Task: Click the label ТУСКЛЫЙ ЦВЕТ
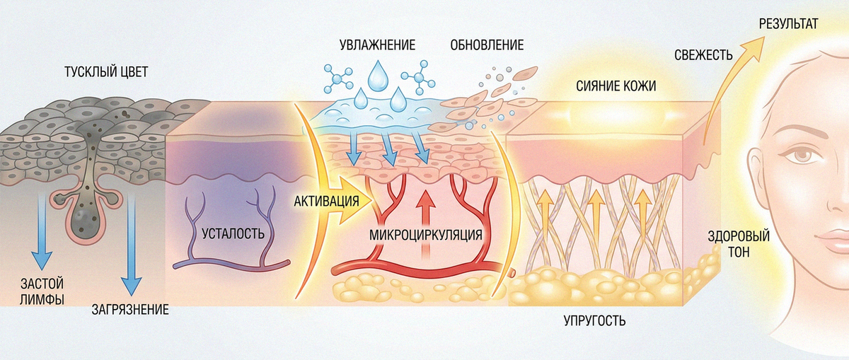[x=106, y=71]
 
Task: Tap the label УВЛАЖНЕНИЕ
[x=378, y=45]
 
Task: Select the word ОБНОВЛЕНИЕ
[x=487, y=45]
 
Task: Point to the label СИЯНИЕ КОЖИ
[x=616, y=86]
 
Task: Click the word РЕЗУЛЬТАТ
[x=789, y=23]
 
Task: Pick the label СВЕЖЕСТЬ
[x=703, y=55]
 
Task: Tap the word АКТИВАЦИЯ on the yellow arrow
[x=326, y=200]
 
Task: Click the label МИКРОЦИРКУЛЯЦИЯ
[x=426, y=235]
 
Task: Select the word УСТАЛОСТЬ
[x=233, y=233]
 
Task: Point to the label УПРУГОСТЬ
[x=595, y=321]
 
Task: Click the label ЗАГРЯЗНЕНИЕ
[x=130, y=310]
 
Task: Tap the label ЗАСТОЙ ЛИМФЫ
[x=42, y=291]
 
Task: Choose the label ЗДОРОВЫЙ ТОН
[x=739, y=243]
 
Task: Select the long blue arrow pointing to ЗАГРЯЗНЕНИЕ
[x=131, y=243]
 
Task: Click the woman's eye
[x=803, y=156]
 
